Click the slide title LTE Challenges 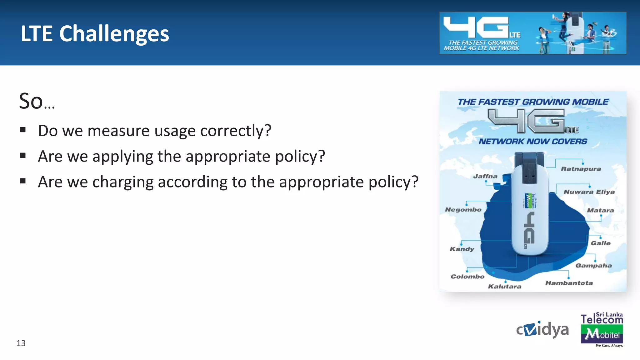point(95,33)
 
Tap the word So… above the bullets point(37,101)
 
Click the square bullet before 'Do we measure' point(23,130)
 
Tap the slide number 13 point(21,343)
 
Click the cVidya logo point(542,329)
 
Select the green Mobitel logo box point(602,334)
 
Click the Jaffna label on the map point(485,176)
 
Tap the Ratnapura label point(581,169)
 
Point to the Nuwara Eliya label point(589,192)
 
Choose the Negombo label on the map point(463,210)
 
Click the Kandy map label point(462,249)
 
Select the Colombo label point(467,277)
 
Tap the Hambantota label point(569,283)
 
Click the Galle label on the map point(600,243)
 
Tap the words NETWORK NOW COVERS point(533,142)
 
